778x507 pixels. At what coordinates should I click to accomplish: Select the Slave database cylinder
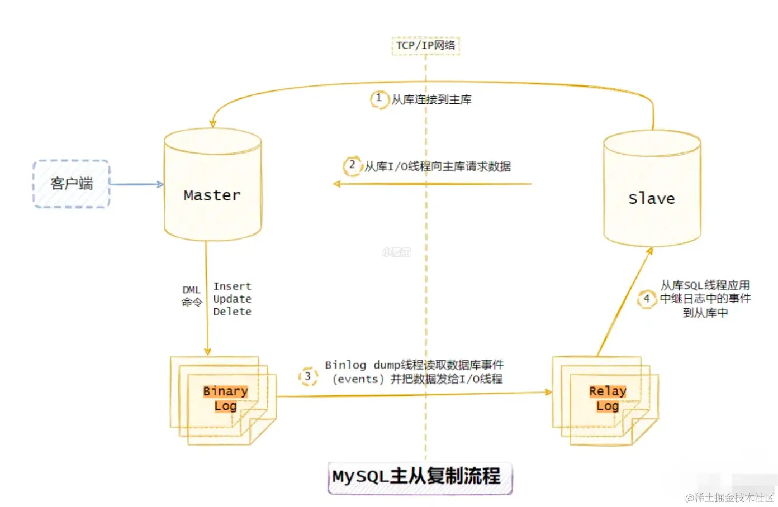pyautogui.click(x=652, y=190)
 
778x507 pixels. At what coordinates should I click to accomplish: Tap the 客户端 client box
pyautogui.click(x=72, y=184)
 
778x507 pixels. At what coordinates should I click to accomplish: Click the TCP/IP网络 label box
pyautogui.click(x=425, y=45)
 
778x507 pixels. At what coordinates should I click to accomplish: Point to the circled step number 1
pyautogui.click(x=379, y=99)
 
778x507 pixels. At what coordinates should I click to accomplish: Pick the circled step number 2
pyautogui.click(x=352, y=165)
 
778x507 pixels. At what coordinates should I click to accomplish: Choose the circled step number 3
pyautogui.click(x=307, y=376)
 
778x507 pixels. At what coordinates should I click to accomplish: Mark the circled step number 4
pyautogui.click(x=647, y=299)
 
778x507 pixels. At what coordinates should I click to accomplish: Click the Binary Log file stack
pyautogui.click(x=224, y=399)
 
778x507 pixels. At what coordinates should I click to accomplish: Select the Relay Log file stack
pyautogui.click(x=606, y=399)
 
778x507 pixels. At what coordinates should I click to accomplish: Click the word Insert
pyautogui.click(x=232, y=286)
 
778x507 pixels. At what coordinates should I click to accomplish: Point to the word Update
pyautogui.click(x=232, y=299)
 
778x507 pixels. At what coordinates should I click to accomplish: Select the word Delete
pyautogui.click(x=232, y=312)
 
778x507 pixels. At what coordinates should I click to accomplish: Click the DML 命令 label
pyautogui.click(x=191, y=296)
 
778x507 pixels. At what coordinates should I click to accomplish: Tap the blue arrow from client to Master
pyautogui.click(x=136, y=184)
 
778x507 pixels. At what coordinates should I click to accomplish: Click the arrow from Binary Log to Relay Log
pyautogui.click(x=414, y=395)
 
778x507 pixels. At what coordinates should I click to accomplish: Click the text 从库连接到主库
pyautogui.click(x=431, y=99)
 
